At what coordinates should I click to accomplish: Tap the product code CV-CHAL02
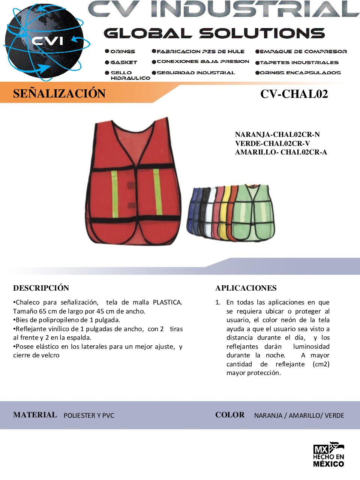click(294, 94)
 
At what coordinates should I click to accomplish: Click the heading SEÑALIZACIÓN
click(59, 93)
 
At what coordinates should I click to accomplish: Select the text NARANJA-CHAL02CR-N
click(277, 134)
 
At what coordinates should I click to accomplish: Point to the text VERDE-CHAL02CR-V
click(273, 143)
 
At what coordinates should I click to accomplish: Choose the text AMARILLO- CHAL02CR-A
click(281, 152)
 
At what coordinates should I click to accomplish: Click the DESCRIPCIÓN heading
click(41, 288)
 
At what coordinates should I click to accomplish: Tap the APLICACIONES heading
click(246, 288)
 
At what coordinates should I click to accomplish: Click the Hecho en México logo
click(328, 454)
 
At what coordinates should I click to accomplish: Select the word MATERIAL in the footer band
click(35, 415)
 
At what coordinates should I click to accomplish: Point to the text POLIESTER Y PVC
click(89, 415)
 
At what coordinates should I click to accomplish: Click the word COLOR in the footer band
click(230, 415)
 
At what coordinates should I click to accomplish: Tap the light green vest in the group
click(253, 212)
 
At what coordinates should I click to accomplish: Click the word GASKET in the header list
click(124, 62)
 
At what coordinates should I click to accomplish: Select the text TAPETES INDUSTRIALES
click(299, 63)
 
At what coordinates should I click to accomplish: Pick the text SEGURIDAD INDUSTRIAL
click(195, 73)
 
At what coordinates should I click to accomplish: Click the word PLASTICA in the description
click(167, 302)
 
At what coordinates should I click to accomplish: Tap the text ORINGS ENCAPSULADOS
click(300, 73)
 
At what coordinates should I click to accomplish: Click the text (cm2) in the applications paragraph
click(321, 364)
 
